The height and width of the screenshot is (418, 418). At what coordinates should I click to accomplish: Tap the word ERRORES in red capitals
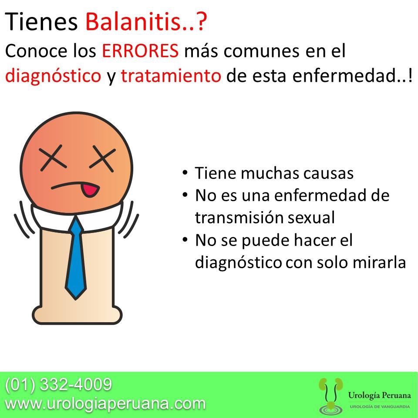[x=140, y=51]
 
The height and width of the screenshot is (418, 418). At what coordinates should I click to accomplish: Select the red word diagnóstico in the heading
[x=53, y=77]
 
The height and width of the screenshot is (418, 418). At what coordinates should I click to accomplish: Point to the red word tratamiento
[x=171, y=77]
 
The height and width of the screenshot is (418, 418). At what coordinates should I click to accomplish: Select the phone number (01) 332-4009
[x=58, y=384]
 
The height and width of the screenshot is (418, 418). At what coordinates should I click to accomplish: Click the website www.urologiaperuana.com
[x=104, y=403]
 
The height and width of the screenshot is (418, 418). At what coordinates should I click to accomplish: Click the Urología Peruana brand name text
[x=379, y=395]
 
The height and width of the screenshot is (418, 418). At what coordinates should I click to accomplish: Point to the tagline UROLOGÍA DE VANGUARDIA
[x=379, y=406]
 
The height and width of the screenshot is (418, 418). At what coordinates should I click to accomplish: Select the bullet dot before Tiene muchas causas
[x=185, y=172]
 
